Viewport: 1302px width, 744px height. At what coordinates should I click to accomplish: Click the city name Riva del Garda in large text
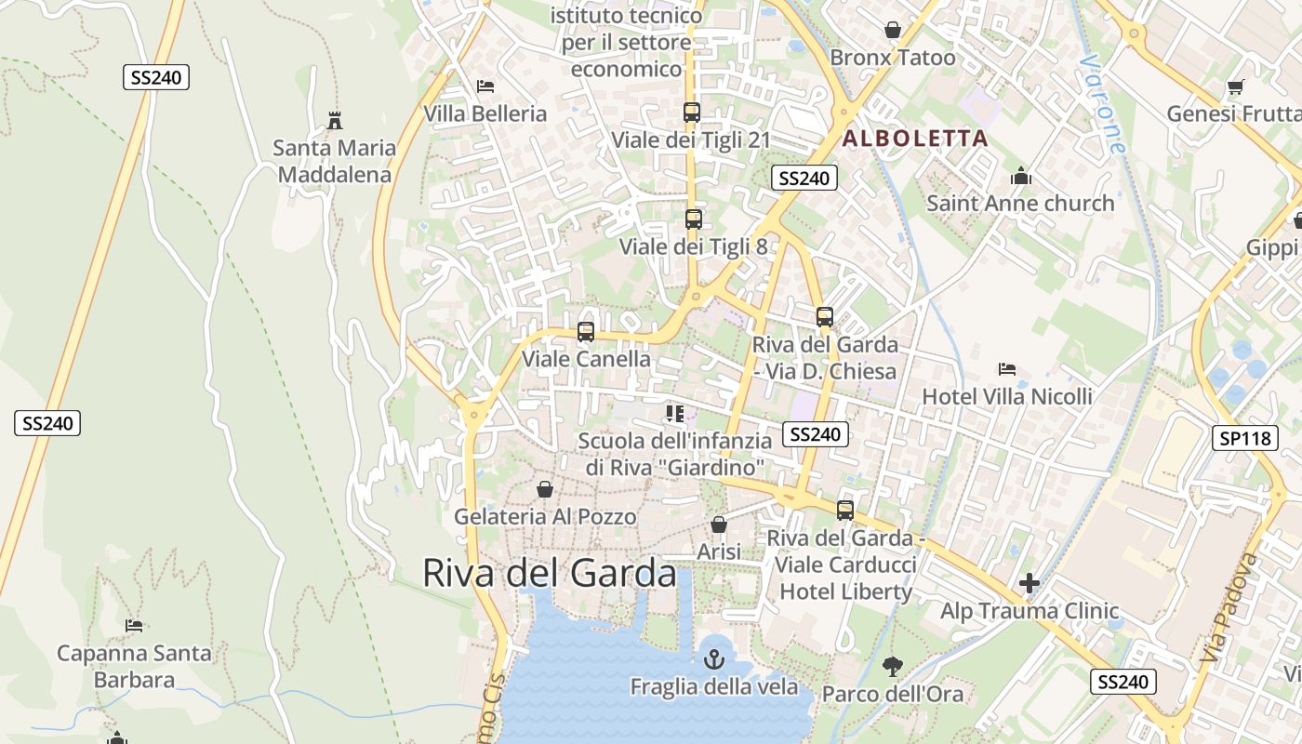(550, 573)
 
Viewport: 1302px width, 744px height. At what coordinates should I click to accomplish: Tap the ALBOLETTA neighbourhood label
(915, 139)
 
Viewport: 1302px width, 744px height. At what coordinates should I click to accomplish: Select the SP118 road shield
(1246, 438)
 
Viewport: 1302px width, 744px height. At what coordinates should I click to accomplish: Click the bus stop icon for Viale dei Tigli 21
(691, 113)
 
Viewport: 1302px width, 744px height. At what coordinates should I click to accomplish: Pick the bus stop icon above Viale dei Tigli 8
(693, 219)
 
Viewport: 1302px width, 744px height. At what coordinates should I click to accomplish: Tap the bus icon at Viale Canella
(585, 332)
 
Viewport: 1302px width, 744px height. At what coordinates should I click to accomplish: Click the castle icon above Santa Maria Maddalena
(335, 120)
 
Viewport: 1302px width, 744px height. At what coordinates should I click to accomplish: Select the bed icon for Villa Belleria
(485, 86)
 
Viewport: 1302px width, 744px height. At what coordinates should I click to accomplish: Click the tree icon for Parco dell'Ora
(893, 666)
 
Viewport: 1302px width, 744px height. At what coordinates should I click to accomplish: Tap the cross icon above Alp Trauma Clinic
(1029, 583)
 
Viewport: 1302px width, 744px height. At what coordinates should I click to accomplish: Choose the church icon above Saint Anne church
(1020, 176)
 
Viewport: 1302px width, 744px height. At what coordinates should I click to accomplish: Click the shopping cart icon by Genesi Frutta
(1235, 87)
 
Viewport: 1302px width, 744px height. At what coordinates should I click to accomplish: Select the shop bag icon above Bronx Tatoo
(893, 30)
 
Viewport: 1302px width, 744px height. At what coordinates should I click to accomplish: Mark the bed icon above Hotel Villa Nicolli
(1006, 369)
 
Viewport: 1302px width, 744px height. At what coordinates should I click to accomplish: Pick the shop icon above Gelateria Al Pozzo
(545, 489)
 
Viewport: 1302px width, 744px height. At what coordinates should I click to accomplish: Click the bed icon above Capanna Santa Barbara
(134, 625)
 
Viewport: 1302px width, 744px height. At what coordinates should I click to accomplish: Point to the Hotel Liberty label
(845, 591)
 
